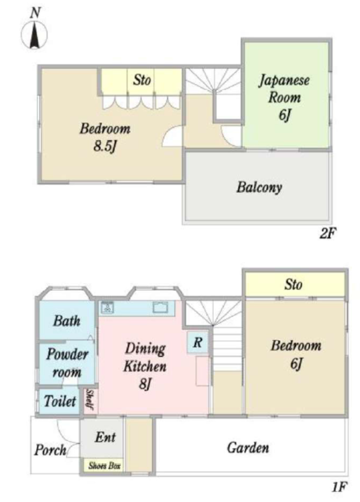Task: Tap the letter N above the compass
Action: pos(35,13)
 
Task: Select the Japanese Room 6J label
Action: pos(284,98)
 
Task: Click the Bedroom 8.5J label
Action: pos(105,137)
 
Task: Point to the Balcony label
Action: pos(259,187)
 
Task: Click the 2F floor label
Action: pos(327,233)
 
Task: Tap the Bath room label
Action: pos(67,321)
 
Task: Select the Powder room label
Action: pos(67,363)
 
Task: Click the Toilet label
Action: pos(60,401)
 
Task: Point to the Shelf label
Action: pos(90,400)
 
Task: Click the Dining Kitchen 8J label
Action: pos(145,366)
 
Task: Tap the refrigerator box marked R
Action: pos(197,342)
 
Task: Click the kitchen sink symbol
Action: pos(160,308)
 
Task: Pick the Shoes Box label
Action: pos(104,466)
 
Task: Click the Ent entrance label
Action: pos(105,437)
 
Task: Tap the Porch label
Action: pos(51,450)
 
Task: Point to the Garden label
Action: pos(248,448)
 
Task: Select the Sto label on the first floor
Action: pos(293,284)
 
